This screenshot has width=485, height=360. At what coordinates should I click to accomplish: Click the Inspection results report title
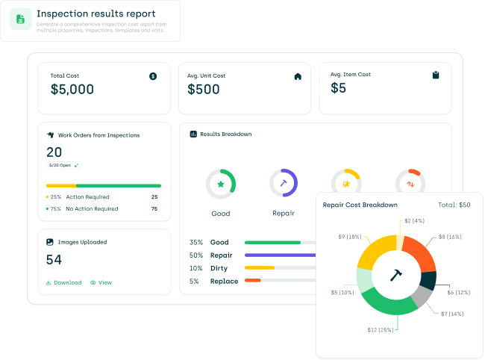coord(96,13)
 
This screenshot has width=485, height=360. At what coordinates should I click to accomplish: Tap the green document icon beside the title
coord(20,19)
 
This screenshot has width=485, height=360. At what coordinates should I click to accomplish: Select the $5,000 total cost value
coord(72,90)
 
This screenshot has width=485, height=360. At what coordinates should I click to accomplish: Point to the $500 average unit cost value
coord(204,90)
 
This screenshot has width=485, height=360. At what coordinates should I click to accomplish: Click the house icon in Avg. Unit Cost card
coord(298,76)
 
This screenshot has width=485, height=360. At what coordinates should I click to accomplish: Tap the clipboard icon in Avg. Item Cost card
coord(436,75)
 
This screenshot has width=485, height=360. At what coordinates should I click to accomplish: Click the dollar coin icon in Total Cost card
coord(153,76)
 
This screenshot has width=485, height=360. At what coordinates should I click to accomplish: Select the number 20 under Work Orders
coord(54,152)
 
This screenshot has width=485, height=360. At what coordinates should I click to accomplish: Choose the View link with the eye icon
coord(101,283)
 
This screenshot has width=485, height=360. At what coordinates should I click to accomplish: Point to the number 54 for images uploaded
coord(54,260)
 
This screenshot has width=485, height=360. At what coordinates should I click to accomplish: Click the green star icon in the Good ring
coord(221,184)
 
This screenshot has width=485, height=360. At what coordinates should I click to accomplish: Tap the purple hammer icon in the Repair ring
coord(284,183)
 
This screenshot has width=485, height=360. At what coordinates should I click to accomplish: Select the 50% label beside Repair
coord(196,255)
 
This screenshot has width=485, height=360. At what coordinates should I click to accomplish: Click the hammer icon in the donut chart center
coord(396,275)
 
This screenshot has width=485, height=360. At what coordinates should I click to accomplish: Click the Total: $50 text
coord(454,205)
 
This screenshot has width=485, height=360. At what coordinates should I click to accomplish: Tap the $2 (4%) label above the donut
coord(414,221)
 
